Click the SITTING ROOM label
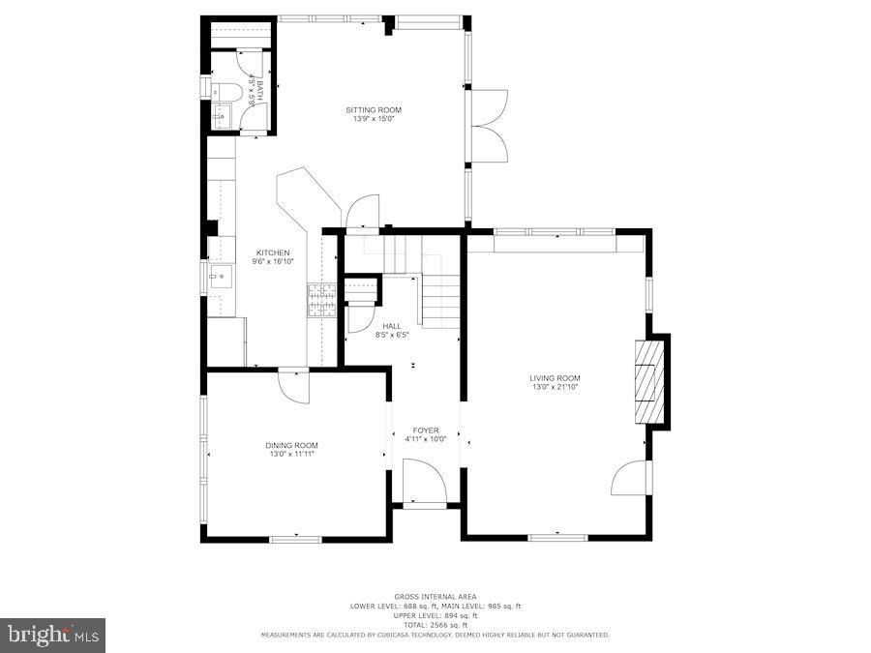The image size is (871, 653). pos(374,110)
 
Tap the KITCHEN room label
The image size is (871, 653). pos(273,252)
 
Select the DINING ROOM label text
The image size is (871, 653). pos(292,445)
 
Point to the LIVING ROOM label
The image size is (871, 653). pos(555,378)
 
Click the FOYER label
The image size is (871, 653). pos(426,430)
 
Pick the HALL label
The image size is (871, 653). pos(392,326)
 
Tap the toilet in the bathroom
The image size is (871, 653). pos(226,92)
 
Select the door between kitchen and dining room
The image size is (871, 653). pos(293,385)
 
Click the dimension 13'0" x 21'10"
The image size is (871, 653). pos(555,387)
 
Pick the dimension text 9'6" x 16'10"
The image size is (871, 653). pos(273,261)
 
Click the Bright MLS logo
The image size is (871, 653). pos(54,636)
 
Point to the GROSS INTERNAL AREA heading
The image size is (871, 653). pos(435,596)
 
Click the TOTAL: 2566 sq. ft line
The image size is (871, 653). pos(435,625)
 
